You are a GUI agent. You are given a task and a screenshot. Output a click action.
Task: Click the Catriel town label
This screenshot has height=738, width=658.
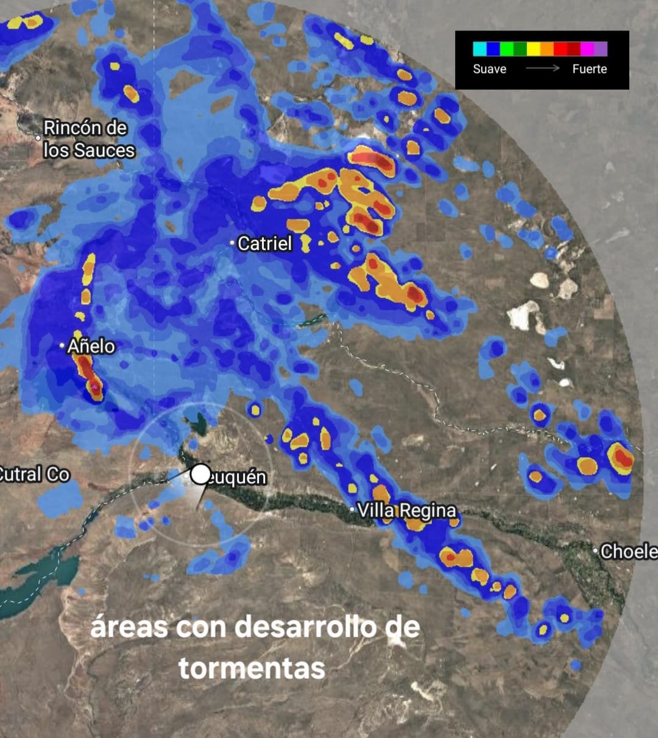coord(264,244)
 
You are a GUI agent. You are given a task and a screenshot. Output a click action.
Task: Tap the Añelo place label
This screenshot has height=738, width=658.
coord(91,346)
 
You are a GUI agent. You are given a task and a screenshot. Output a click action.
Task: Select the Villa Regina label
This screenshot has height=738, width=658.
coord(406,511)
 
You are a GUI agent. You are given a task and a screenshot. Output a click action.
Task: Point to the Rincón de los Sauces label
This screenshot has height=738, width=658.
coord(88,139)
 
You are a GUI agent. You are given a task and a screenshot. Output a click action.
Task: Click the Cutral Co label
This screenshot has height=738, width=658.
coord(34,474)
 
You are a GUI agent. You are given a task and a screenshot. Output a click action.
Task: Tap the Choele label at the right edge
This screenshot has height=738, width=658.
coord(628,552)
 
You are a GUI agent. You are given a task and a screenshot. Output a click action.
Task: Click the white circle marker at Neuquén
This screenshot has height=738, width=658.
coord(200,474)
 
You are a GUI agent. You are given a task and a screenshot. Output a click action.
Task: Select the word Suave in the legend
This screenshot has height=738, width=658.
coord(489,69)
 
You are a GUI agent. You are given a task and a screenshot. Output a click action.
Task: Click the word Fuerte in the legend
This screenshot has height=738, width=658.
coord(589,69)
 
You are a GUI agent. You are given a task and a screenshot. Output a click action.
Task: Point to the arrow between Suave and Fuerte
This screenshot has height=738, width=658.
coord(542,68)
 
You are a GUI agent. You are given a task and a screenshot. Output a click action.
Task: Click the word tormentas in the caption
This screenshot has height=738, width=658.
coord(252,668)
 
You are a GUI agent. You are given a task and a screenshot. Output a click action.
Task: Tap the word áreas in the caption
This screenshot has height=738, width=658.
coord(129,626)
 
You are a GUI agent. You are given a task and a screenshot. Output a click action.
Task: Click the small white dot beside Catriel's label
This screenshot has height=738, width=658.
coord(232,243)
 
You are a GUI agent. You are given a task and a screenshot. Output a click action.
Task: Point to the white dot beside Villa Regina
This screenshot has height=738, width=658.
coord(352,509)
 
